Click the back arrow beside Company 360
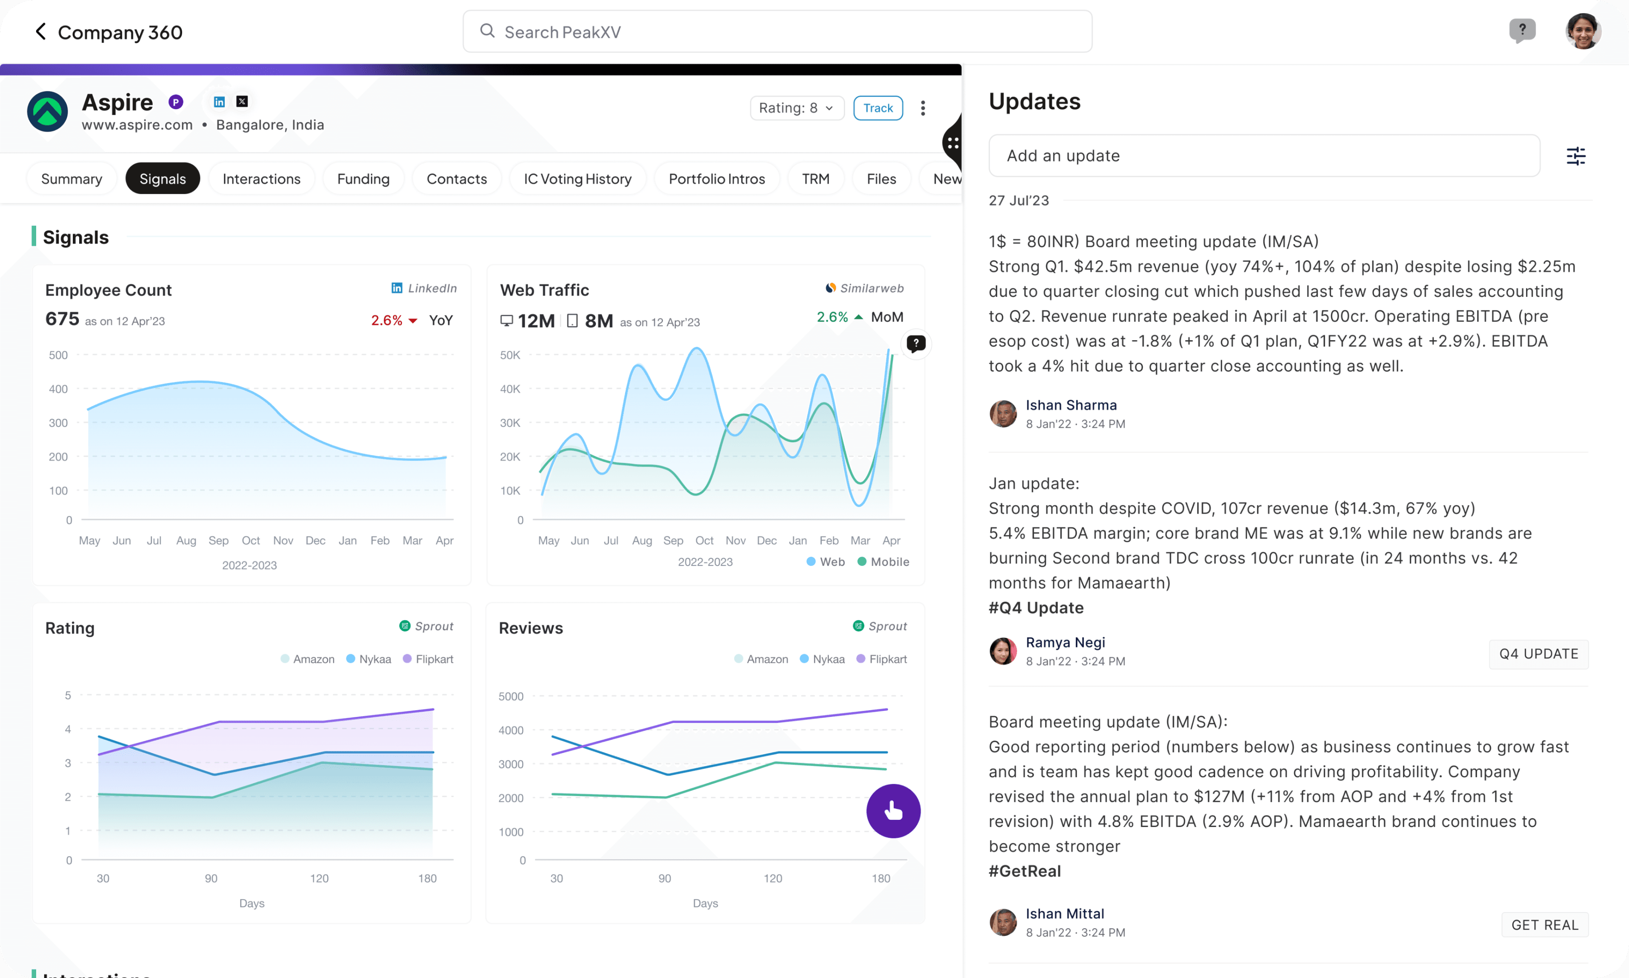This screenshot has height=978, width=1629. (x=40, y=31)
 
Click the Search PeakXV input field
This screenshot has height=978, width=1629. (x=777, y=31)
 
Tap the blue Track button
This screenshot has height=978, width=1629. (x=878, y=108)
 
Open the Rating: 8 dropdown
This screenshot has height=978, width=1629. (x=797, y=108)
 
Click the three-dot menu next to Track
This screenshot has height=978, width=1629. (x=923, y=108)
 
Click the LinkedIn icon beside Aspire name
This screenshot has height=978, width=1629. (x=220, y=102)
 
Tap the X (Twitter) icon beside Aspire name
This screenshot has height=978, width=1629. (x=242, y=102)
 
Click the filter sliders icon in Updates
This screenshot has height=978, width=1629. (x=1575, y=156)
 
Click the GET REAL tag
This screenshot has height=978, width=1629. (x=1545, y=924)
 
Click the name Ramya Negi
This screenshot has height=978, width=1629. (x=1065, y=642)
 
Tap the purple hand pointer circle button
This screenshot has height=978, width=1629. (x=893, y=810)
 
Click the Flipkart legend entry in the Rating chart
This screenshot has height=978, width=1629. (x=428, y=659)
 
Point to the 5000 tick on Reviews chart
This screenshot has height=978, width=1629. (x=511, y=696)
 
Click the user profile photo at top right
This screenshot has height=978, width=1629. (x=1583, y=31)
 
